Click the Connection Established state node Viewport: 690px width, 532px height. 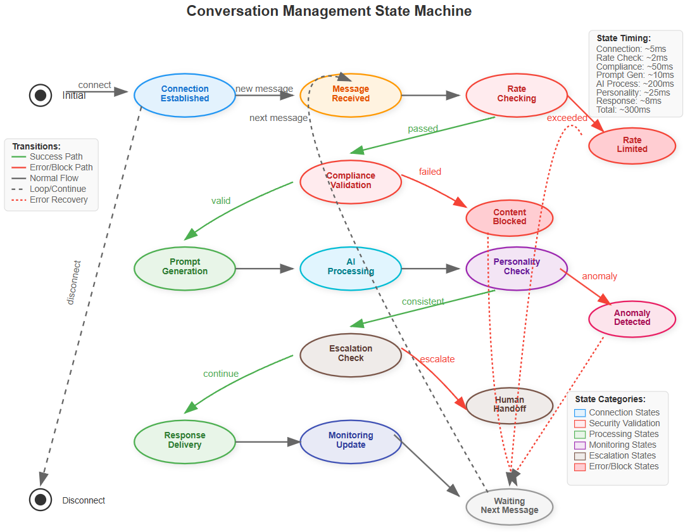pos(184,94)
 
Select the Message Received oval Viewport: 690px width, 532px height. pos(351,94)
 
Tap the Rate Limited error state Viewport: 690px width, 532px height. pos(632,145)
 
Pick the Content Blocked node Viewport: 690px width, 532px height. pos(510,217)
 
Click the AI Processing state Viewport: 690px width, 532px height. pos(351,267)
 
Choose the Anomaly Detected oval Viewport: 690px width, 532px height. pos(632,318)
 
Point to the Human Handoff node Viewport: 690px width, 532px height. pos(510,405)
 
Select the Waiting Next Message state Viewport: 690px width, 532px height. pos(510,506)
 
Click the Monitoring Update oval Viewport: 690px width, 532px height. pos(351,440)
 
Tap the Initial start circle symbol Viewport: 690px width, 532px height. pos(41,95)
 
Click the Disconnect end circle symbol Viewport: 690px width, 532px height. pos(41,500)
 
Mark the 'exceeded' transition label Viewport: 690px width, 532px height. pos(567,118)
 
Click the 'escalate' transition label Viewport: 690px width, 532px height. pos(437,359)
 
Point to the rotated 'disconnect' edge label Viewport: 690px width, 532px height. pos(74,282)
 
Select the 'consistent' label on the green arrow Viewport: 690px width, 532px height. pos(423,301)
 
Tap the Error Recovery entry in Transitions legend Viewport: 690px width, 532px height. pos(58,200)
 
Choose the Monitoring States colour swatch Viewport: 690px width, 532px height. pos(580,445)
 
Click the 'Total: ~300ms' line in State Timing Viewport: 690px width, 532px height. pos(623,110)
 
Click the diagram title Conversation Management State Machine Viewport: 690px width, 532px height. pos(329,11)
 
